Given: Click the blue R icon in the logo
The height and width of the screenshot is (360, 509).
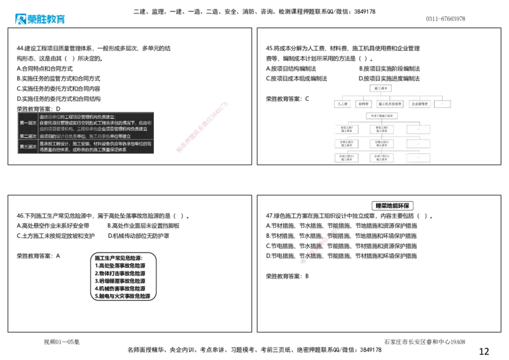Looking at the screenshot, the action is pos(18,19).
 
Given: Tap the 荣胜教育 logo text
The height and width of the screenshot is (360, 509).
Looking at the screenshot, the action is pos(46,19).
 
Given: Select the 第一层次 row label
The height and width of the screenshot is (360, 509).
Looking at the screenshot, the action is pos(28,123).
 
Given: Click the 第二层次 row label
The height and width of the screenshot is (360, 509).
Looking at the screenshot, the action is pos(28,136).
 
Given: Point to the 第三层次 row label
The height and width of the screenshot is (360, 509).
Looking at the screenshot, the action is pos(28,147).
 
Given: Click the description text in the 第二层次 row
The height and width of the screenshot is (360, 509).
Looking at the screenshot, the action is pos(85,136).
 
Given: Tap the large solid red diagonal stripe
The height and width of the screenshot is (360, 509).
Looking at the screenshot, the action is pos(201,127).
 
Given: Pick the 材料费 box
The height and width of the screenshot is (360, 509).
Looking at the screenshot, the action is pos(363,104).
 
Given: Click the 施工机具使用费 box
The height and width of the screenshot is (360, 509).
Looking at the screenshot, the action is pos(390,104).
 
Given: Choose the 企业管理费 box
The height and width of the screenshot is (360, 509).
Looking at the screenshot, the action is pos(420,104).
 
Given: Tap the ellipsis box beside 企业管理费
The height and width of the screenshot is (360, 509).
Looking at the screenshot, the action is pos(443,104).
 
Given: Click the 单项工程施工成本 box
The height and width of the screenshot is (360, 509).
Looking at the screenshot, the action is pos(382,116).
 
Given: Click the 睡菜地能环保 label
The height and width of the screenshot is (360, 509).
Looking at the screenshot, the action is pos(394,206).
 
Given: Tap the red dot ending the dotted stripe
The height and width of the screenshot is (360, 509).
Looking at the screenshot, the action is pos(305,261).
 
